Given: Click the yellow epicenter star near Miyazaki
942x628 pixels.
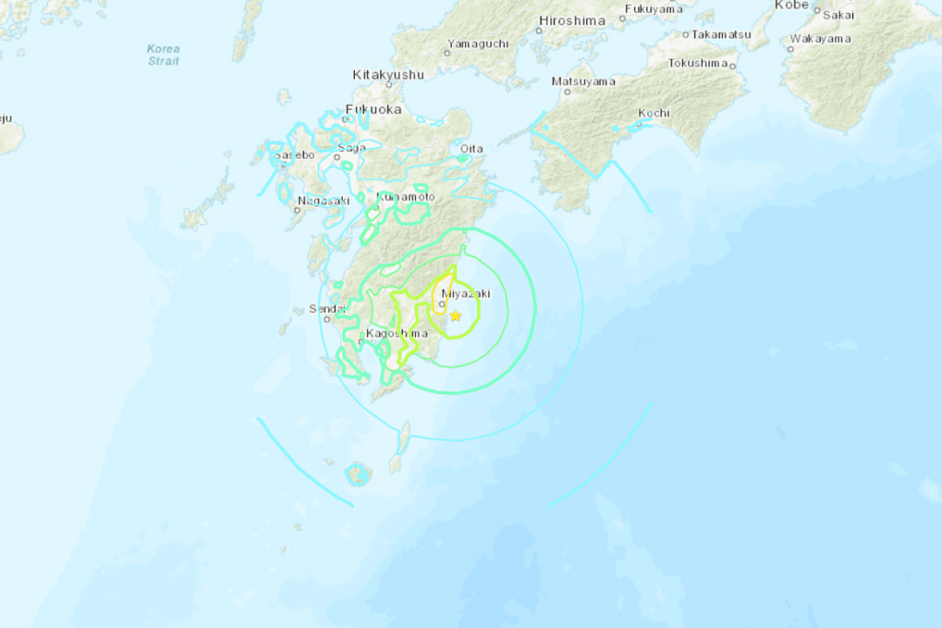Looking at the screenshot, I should pos(455,316).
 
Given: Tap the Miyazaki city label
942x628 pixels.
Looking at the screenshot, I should pos(460,294).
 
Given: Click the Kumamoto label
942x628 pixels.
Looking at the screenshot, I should pos(406,197).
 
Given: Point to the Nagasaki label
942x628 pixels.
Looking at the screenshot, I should pos(323,201).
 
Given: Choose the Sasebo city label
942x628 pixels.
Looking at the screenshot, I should pos(294,155).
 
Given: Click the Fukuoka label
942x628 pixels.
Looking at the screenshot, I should pos(373,110).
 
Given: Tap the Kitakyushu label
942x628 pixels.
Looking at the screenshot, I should pos(388,75).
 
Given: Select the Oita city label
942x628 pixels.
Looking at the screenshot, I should pos(471,149).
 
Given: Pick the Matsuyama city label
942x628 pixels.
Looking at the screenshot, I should pos(584,82).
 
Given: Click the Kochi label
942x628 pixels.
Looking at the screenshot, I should pos(653,113).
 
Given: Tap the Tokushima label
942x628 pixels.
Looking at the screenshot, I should pos(697,63).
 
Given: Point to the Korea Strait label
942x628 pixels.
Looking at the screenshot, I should pos(163,55).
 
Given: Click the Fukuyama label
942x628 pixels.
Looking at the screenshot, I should pos(653,9).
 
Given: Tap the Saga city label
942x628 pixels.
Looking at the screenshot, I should pos(352,148).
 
